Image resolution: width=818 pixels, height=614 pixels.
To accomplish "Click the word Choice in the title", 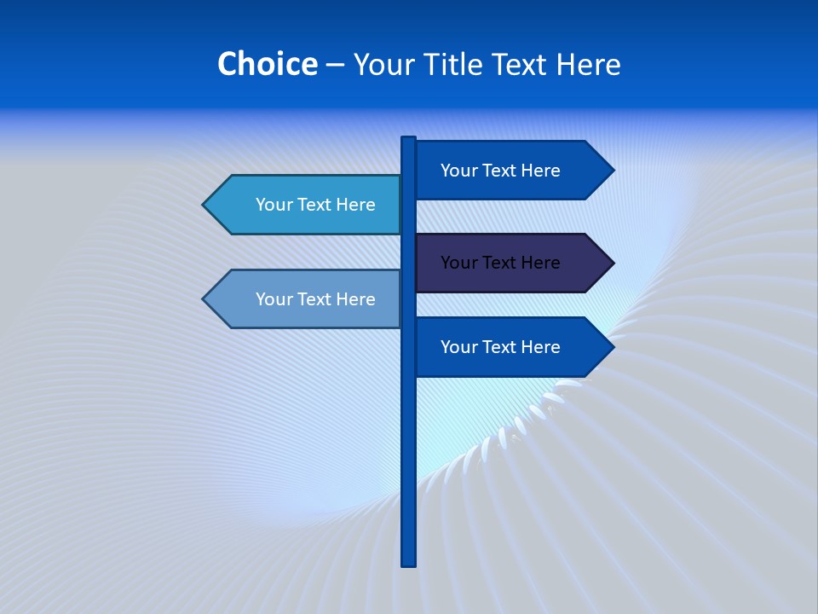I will click(x=267, y=64).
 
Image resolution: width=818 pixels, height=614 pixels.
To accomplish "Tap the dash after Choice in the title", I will click(x=335, y=65).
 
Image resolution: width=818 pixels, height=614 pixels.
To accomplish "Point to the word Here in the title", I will click(x=588, y=64).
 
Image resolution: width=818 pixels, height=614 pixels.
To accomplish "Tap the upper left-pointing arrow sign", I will click(x=307, y=205).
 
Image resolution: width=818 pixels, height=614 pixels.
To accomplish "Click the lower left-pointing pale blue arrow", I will click(x=307, y=299).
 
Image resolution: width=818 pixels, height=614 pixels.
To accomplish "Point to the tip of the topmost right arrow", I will click(x=612, y=171).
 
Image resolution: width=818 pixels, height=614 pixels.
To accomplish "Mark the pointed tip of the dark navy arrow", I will click(x=612, y=263).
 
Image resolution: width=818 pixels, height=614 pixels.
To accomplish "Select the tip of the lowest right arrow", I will click(x=612, y=347).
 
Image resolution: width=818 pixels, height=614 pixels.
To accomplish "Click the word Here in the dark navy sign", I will click(x=539, y=263).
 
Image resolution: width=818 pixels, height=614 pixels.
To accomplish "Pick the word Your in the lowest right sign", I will click(x=458, y=347).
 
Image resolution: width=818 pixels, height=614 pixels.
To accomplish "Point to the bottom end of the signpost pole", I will click(x=409, y=562).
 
